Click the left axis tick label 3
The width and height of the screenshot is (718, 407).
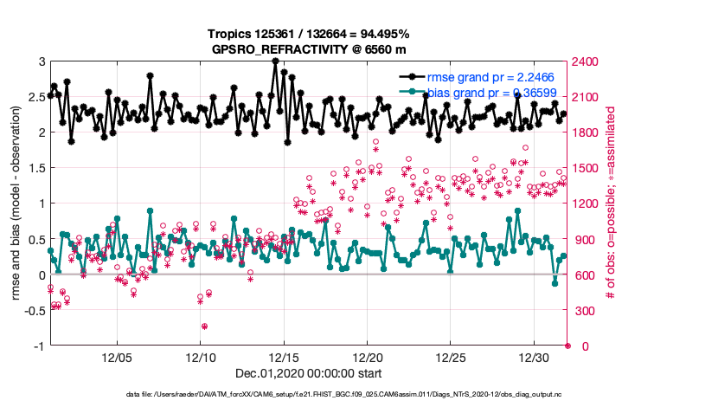tap(41, 61)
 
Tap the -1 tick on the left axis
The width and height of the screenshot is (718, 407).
tap(38, 346)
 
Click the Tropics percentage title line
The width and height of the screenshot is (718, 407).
tap(308, 34)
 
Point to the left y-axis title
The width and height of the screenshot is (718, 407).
tap(16, 204)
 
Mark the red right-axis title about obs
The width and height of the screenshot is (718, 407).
tap(611, 204)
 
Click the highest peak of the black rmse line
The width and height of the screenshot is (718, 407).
tap(275, 61)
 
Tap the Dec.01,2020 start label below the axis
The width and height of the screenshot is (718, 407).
tap(308, 373)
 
